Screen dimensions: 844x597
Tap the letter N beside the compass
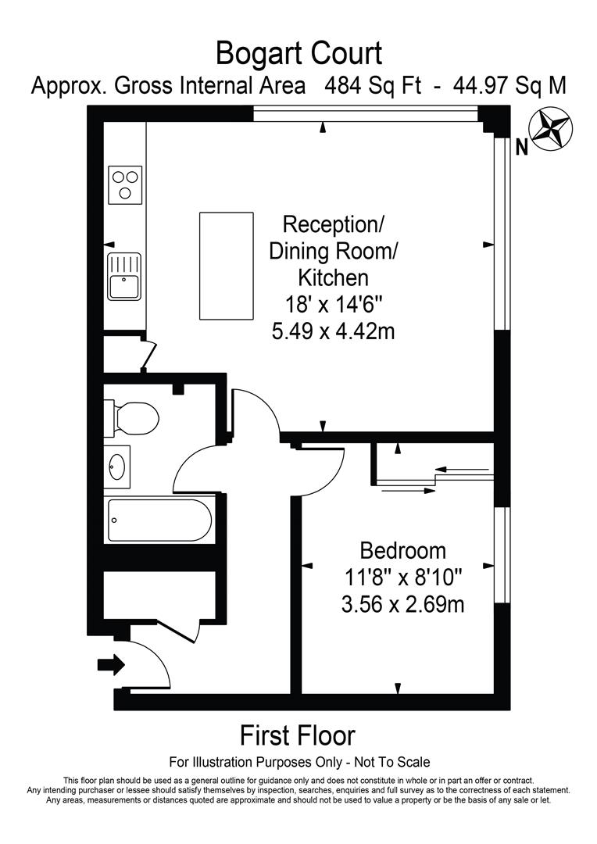pyautogui.click(x=523, y=146)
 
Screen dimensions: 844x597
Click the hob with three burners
pyautogui.click(x=125, y=184)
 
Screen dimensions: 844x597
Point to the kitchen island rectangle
pyautogui.click(x=227, y=266)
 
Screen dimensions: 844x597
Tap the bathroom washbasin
pyautogui.click(x=117, y=467)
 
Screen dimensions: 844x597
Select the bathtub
pyautogui.click(x=159, y=520)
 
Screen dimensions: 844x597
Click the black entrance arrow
pyautogui.click(x=111, y=665)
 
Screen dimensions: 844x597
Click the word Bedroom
pyautogui.click(x=402, y=551)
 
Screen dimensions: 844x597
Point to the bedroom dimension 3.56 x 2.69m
pyautogui.click(x=403, y=604)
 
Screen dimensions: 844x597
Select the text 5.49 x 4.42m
pyautogui.click(x=333, y=331)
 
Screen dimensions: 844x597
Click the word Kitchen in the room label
pyautogui.click(x=333, y=277)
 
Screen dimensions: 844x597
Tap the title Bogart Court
pyautogui.click(x=298, y=54)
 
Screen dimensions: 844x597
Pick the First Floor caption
pyautogui.click(x=297, y=735)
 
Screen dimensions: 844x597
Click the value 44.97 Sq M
pyautogui.click(x=511, y=85)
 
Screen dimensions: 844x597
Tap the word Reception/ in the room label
pyautogui.click(x=333, y=225)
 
